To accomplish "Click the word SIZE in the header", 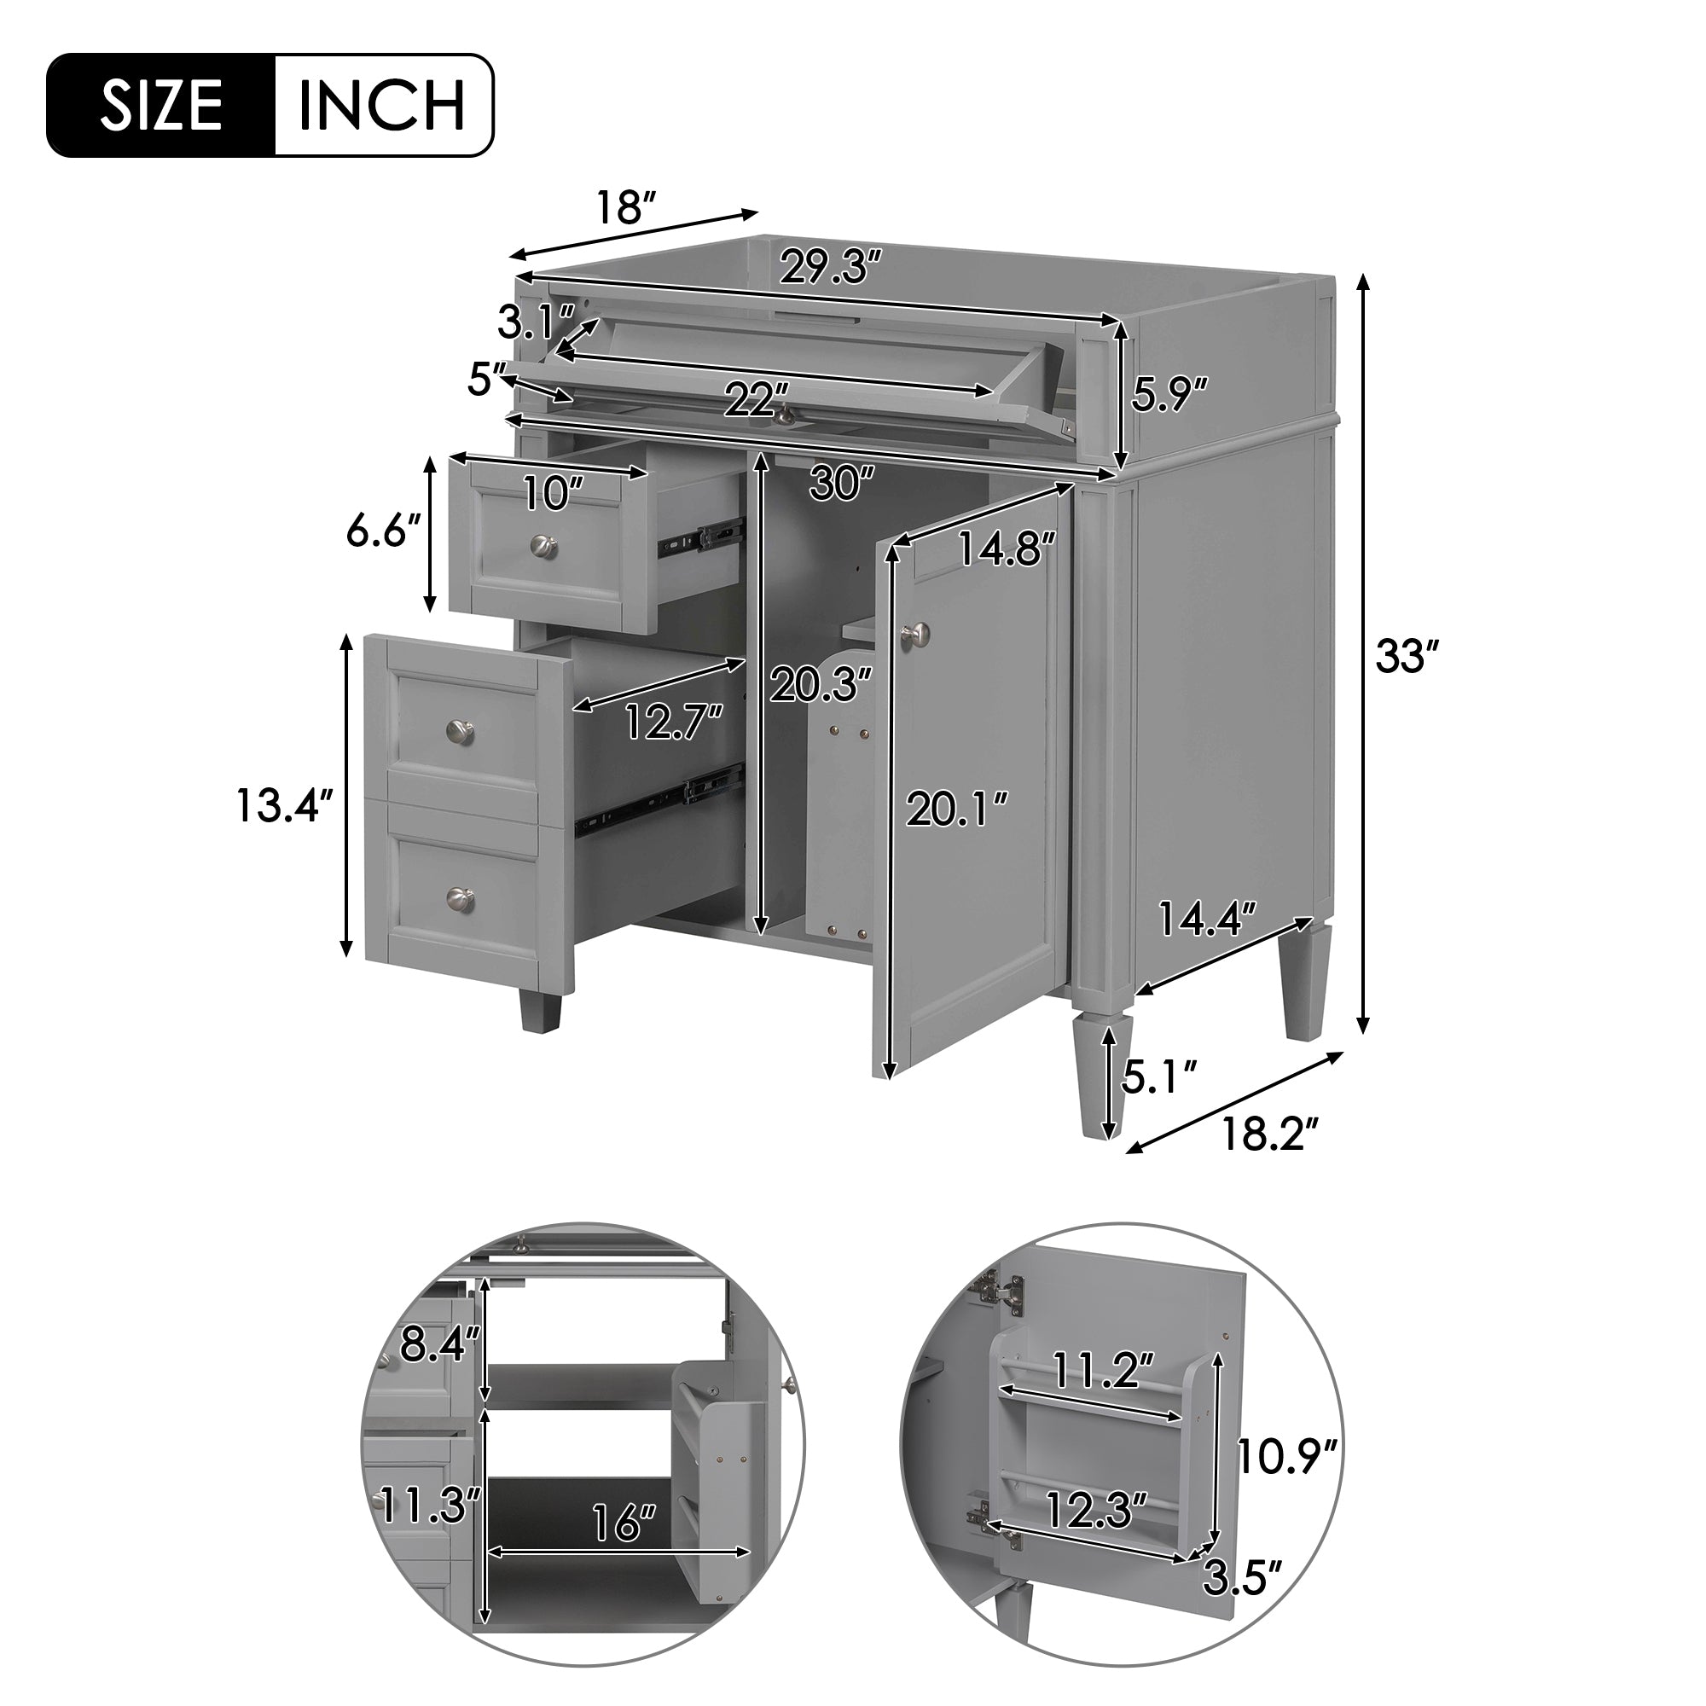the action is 160,106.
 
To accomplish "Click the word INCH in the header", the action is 382,106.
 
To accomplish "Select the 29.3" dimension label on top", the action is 831,266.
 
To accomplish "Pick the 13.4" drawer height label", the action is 284,805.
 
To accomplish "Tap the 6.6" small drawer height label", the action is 382,531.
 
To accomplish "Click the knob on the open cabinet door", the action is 915,632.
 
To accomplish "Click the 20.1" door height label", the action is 957,809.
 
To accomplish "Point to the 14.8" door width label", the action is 1007,549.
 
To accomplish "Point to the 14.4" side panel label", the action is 1206,919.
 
